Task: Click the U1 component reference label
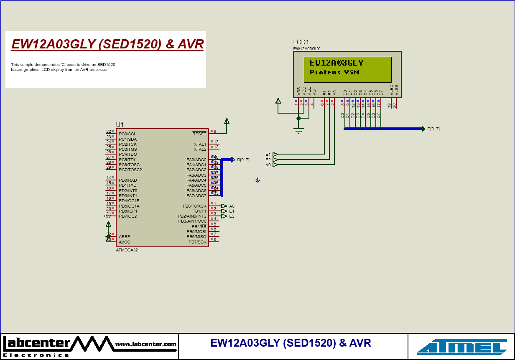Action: pos(120,125)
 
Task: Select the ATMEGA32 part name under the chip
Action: pos(127,250)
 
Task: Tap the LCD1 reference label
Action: pos(301,42)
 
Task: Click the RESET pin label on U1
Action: pos(199,134)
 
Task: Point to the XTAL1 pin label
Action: pos(200,145)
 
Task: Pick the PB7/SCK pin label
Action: pos(197,242)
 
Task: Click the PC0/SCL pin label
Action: pos(127,134)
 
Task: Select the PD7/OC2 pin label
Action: pos(128,216)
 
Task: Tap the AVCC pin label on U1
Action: pos(125,242)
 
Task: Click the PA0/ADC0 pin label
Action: pos(196,160)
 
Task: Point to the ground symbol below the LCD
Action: pos(298,131)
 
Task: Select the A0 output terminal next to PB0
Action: pos(224,206)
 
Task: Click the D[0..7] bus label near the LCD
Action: pos(433,129)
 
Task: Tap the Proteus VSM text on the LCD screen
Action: pos(334,72)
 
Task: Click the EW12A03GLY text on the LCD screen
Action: pos(337,63)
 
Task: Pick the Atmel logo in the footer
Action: pos(461,347)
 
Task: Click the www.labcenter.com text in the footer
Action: pos(145,344)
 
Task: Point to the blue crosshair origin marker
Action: pos(257,180)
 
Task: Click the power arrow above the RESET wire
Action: pos(227,121)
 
